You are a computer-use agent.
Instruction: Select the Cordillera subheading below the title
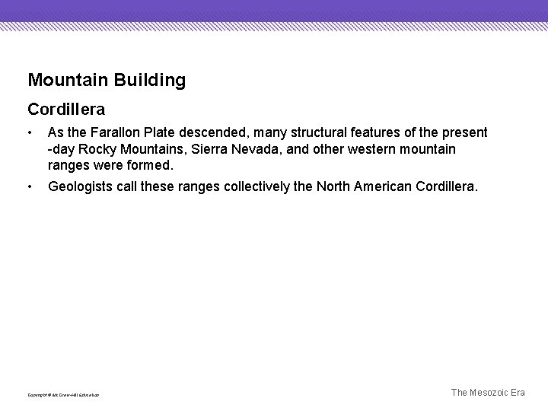coord(66,110)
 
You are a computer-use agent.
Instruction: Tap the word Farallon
coord(116,133)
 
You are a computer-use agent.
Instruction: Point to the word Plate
coord(168,133)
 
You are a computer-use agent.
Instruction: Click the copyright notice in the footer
coord(63,395)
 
